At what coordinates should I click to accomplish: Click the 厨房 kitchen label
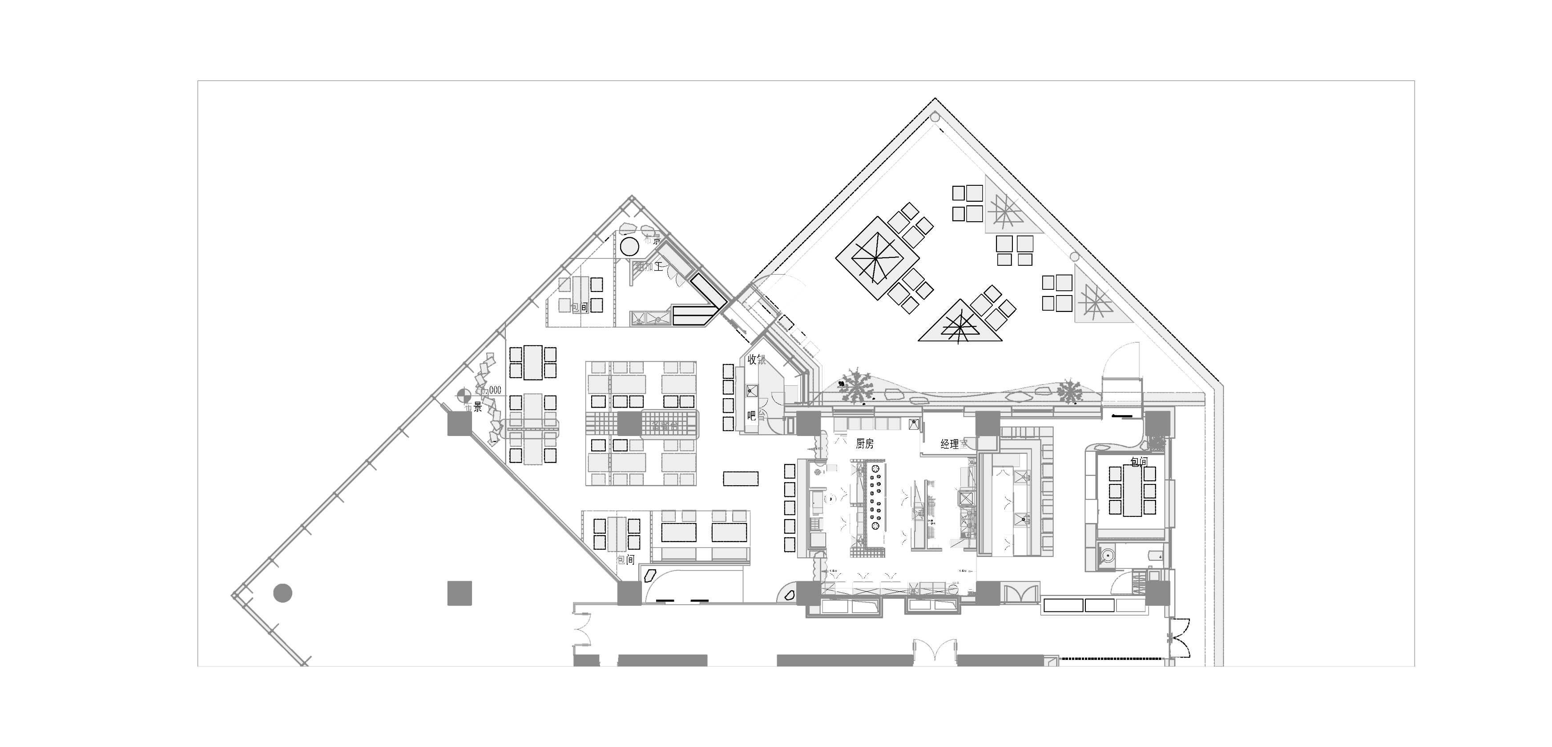tap(865, 443)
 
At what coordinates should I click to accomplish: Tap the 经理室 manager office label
tap(953, 444)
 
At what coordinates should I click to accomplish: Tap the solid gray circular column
tap(282, 593)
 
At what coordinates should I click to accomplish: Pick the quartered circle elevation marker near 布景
tap(463, 395)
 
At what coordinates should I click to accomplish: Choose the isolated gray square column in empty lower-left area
tap(459, 593)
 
